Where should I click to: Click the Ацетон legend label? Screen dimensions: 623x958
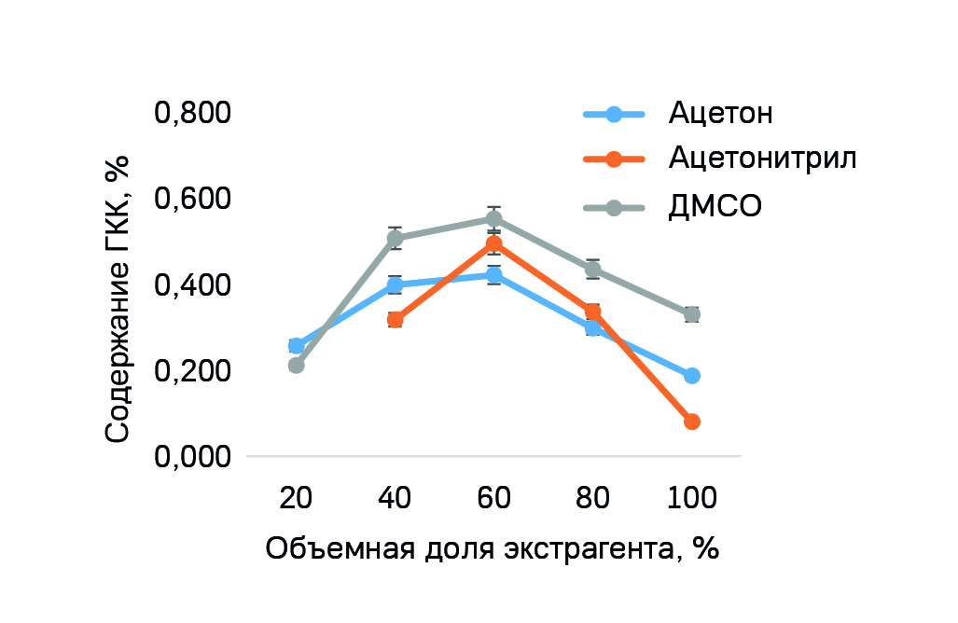pyautogui.click(x=720, y=114)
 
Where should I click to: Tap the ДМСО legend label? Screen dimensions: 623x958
pyautogui.click(x=715, y=206)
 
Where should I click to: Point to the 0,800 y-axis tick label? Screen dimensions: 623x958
pyautogui.click(x=192, y=114)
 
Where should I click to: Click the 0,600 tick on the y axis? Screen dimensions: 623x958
pyautogui.click(x=192, y=200)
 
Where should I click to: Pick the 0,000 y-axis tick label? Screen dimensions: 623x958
pyautogui.click(x=192, y=457)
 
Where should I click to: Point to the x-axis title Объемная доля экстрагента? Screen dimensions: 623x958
pyautogui.click(x=493, y=547)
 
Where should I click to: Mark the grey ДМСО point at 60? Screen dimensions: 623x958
pyautogui.click(x=493, y=219)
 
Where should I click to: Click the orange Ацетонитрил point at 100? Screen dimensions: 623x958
pyautogui.click(x=691, y=422)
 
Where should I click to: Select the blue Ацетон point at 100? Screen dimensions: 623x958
pyautogui.click(x=691, y=376)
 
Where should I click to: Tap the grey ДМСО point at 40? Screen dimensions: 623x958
pyautogui.click(x=395, y=239)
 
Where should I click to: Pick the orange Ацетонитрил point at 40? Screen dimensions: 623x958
pyautogui.click(x=395, y=320)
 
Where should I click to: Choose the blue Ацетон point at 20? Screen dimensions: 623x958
pyautogui.click(x=296, y=346)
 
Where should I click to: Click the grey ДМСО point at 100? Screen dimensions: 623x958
pyautogui.click(x=691, y=314)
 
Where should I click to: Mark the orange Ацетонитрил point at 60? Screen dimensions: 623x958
pyautogui.click(x=493, y=244)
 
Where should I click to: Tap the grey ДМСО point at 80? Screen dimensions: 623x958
pyautogui.click(x=592, y=270)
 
